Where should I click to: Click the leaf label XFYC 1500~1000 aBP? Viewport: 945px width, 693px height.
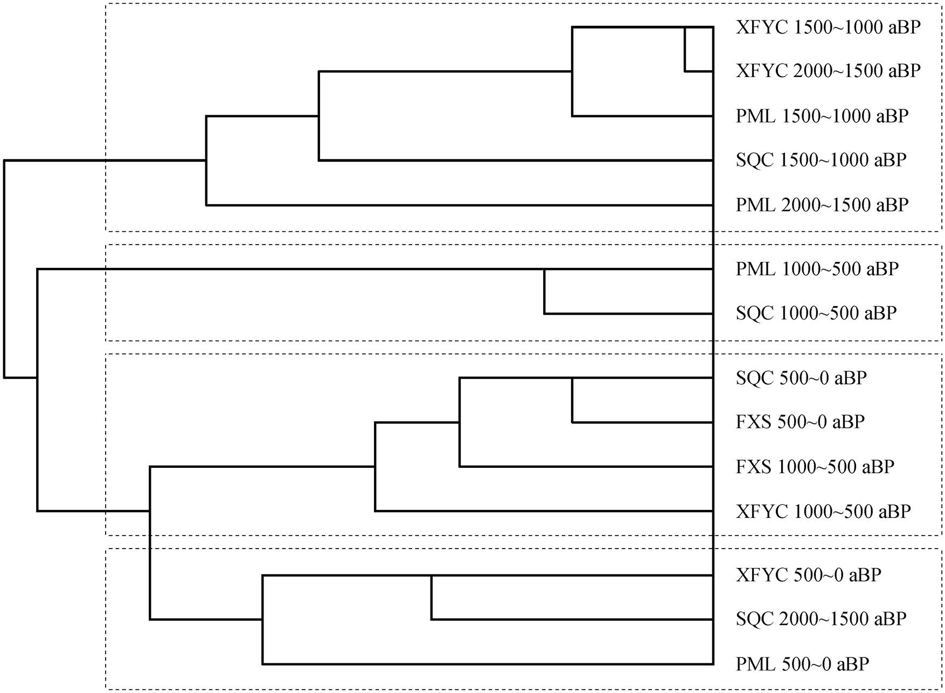pyautogui.click(x=828, y=27)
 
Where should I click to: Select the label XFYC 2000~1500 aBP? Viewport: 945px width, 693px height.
pyautogui.click(x=828, y=71)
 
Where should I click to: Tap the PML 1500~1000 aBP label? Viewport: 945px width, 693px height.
pyautogui.click(x=822, y=116)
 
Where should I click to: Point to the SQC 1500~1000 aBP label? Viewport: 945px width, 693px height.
pyautogui.click(x=821, y=160)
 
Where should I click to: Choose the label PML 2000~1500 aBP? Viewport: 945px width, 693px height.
pyautogui.click(x=822, y=205)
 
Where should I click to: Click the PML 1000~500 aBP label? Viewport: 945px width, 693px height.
pyautogui.click(x=817, y=269)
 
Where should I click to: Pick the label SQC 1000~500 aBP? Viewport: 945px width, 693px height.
pyautogui.click(x=816, y=313)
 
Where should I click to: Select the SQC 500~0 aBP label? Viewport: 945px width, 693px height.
pyautogui.click(x=801, y=378)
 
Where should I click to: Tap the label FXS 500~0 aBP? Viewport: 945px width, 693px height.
pyautogui.click(x=800, y=422)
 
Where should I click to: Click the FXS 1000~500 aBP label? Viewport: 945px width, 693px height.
pyautogui.click(x=815, y=467)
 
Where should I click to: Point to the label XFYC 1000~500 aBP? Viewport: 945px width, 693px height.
pyautogui.click(x=823, y=511)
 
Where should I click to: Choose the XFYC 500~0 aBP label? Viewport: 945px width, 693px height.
pyautogui.click(x=809, y=576)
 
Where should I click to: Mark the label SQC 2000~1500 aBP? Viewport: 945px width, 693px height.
pyautogui.click(x=821, y=619)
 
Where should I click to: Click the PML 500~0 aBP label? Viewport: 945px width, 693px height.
pyautogui.click(x=802, y=664)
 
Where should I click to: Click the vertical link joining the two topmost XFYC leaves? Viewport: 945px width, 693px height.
pyautogui.click(x=685, y=49)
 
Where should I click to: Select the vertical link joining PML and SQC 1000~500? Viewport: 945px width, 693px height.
pyautogui.click(x=545, y=291)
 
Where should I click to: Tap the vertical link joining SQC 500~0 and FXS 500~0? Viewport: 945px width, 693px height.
pyautogui.click(x=572, y=400)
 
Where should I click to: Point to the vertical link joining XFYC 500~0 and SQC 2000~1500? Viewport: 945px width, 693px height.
pyautogui.click(x=431, y=598)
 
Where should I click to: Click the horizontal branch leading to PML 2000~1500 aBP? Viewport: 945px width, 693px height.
pyautogui.click(x=460, y=205)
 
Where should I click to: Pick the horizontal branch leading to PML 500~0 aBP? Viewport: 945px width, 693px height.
pyautogui.click(x=488, y=664)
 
